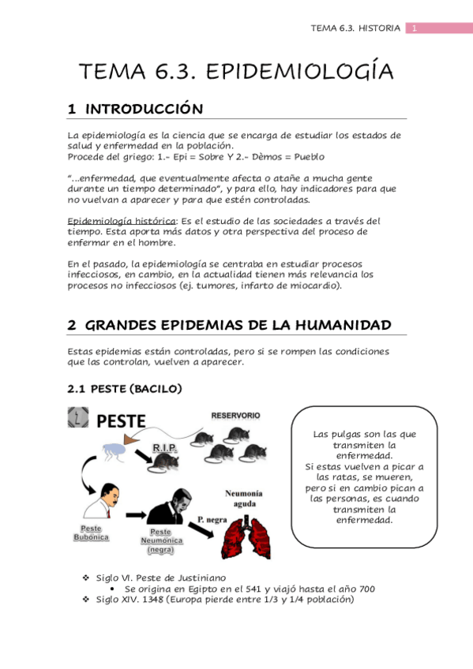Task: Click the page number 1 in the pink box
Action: [413, 28]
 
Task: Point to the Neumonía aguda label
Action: [243, 499]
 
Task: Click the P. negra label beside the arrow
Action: [211, 521]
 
